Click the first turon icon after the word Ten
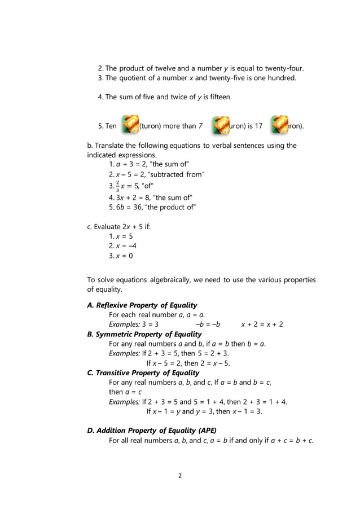[130, 125]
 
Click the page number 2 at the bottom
[179, 475]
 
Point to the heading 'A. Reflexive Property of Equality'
[142, 305]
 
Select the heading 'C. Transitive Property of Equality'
[143, 373]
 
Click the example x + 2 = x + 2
[262, 324]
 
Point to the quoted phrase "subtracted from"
[179, 174]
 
